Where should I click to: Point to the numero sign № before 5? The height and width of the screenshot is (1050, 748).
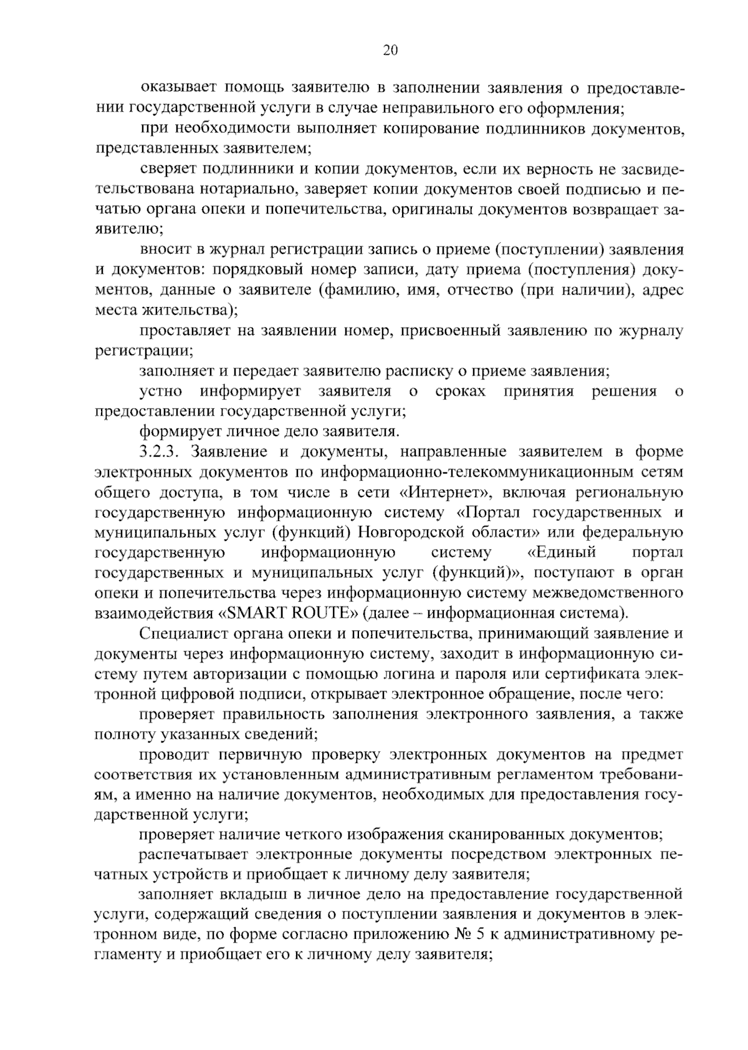click(x=426, y=935)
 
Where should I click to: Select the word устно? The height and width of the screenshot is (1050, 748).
click(x=161, y=391)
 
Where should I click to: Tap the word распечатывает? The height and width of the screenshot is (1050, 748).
click(x=194, y=854)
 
